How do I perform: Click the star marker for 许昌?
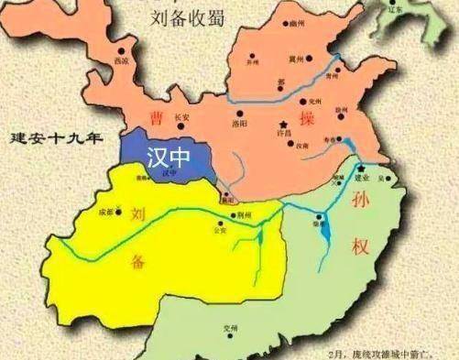[285, 124]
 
